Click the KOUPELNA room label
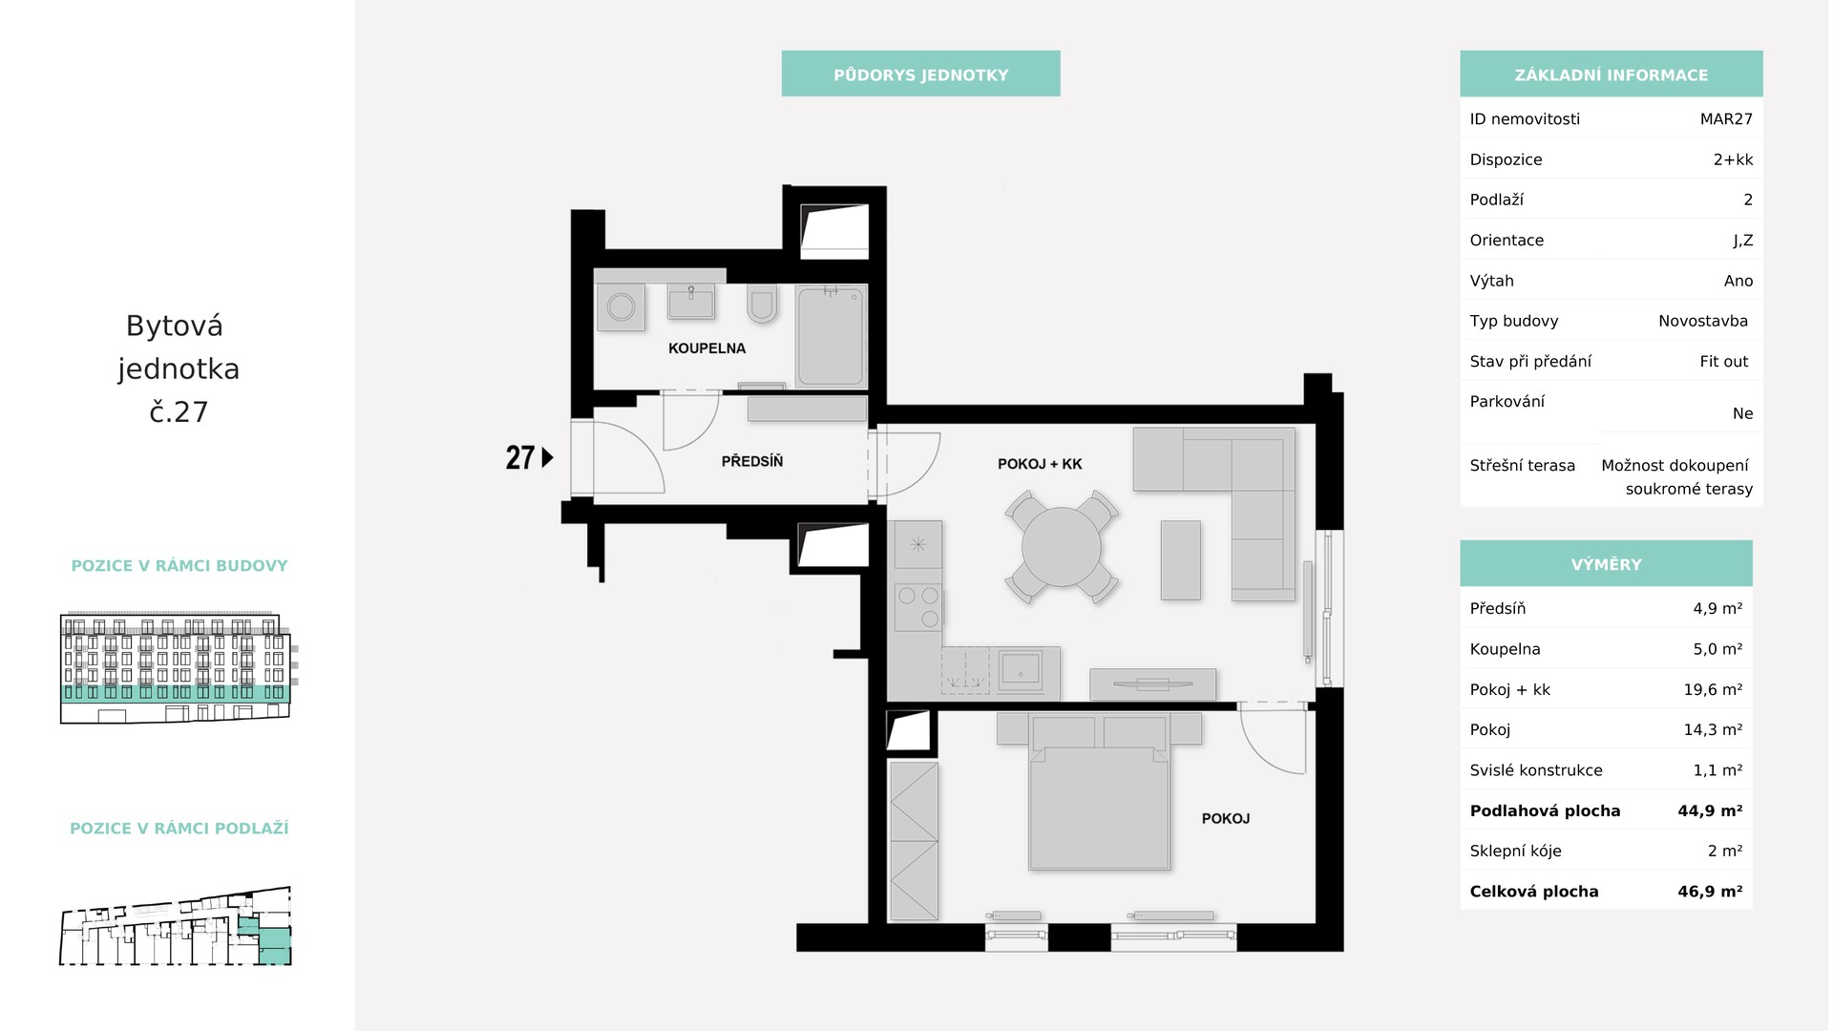706,348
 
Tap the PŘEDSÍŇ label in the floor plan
752,461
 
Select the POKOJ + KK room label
1040,464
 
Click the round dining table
1061,548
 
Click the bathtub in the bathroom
832,336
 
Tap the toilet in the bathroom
762,303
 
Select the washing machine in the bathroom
622,307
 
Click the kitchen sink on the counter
1021,670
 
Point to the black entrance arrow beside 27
547,457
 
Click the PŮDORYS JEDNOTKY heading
920,74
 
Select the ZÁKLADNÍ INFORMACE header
1612,74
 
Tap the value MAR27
1726,119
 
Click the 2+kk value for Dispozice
1733,159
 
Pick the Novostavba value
1703,321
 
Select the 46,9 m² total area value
1710,892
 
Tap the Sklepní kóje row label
1516,852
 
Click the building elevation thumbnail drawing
176,667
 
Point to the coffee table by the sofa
1181,560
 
